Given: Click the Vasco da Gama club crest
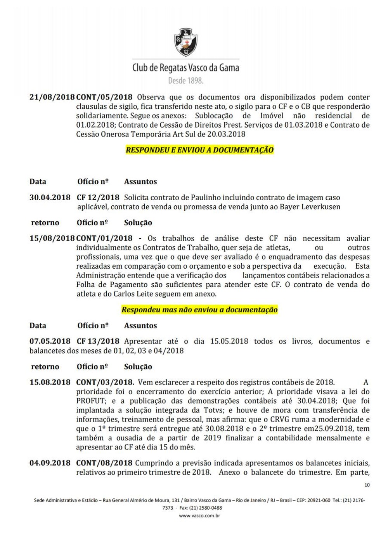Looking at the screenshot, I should [186, 42].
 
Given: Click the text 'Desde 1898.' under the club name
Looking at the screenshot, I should [186, 81].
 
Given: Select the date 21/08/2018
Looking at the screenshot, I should [52, 97].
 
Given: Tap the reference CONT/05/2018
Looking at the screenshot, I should [104, 97].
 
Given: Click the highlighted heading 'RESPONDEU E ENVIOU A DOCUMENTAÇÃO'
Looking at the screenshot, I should [199, 150].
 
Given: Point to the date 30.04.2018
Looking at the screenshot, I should [50, 197].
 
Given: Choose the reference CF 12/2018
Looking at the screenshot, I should [98, 197].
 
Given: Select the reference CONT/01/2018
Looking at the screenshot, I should [104, 238].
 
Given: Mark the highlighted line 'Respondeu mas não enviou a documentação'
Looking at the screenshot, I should [199, 309].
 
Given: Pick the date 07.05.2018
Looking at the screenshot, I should [50, 341].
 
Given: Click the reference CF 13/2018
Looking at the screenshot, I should [98, 341].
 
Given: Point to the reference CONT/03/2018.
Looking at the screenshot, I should [105, 382].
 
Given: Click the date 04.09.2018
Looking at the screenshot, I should [50, 463].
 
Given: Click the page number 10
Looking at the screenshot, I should [367, 485].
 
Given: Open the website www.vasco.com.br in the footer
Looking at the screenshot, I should [199, 516].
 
